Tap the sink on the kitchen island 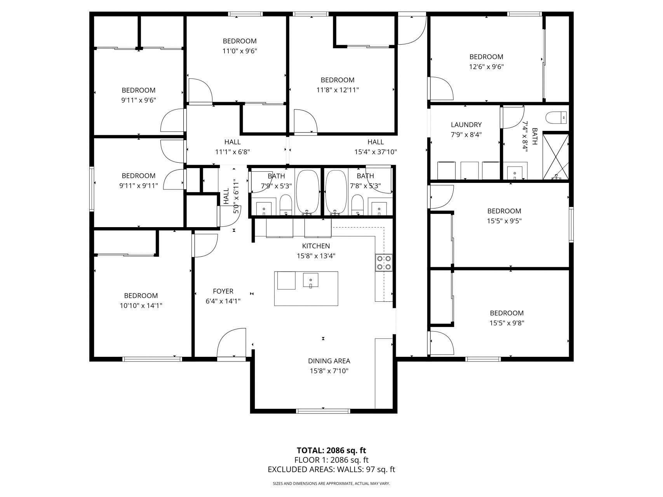pyautogui.click(x=311, y=280)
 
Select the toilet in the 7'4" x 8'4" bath pyautogui.click(x=557, y=117)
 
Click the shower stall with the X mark pyautogui.click(x=555, y=156)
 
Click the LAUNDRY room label pyautogui.click(x=466, y=125)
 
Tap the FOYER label pyautogui.click(x=223, y=291)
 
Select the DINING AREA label pyautogui.click(x=329, y=361)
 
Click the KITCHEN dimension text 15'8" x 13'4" pyautogui.click(x=316, y=256)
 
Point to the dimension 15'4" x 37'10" pyautogui.click(x=376, y=152)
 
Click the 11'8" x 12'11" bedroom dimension pyautogui.click(x=338, y=90)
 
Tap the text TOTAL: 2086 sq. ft pyautogui.click(x=331, y=450)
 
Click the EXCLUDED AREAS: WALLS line pyautogui.click(x=331, y=469)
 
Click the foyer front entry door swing pyautogui.click(x=231, y=342)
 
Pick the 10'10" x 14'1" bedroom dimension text pyautogui.click(x=141, y=306)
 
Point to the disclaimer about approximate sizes pyautogui.click(x=331, y=484)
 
